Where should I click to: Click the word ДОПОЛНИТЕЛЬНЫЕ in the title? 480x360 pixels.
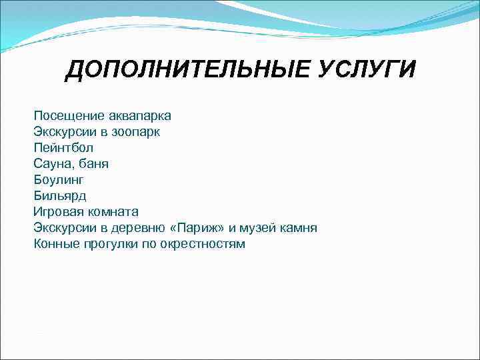(x=180, y=69)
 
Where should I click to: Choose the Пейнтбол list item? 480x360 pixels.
(x=63, y=148)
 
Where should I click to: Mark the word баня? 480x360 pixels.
(x=94, y=164)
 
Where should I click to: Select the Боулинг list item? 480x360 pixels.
(x=59, y=180)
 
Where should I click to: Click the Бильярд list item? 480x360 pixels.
(x=60, y=196)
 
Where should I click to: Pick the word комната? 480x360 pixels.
(x=113, y=212)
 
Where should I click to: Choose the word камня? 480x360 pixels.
(x=297, y=228)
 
